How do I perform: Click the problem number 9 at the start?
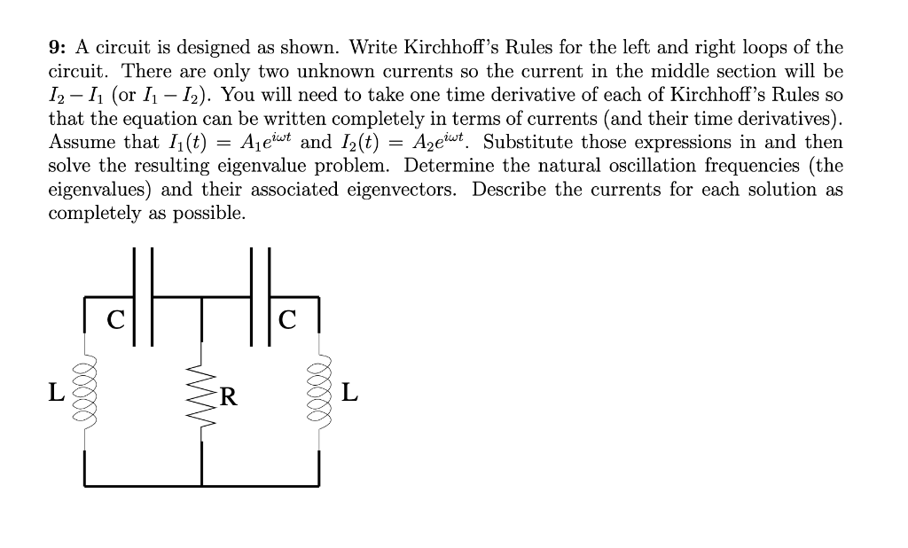pyautogui.click(x=53, y=48)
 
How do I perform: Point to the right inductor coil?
pyautogui.click(x=320, y=390)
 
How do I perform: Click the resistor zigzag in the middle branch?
pyautogui.click(x=201, y=390)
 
